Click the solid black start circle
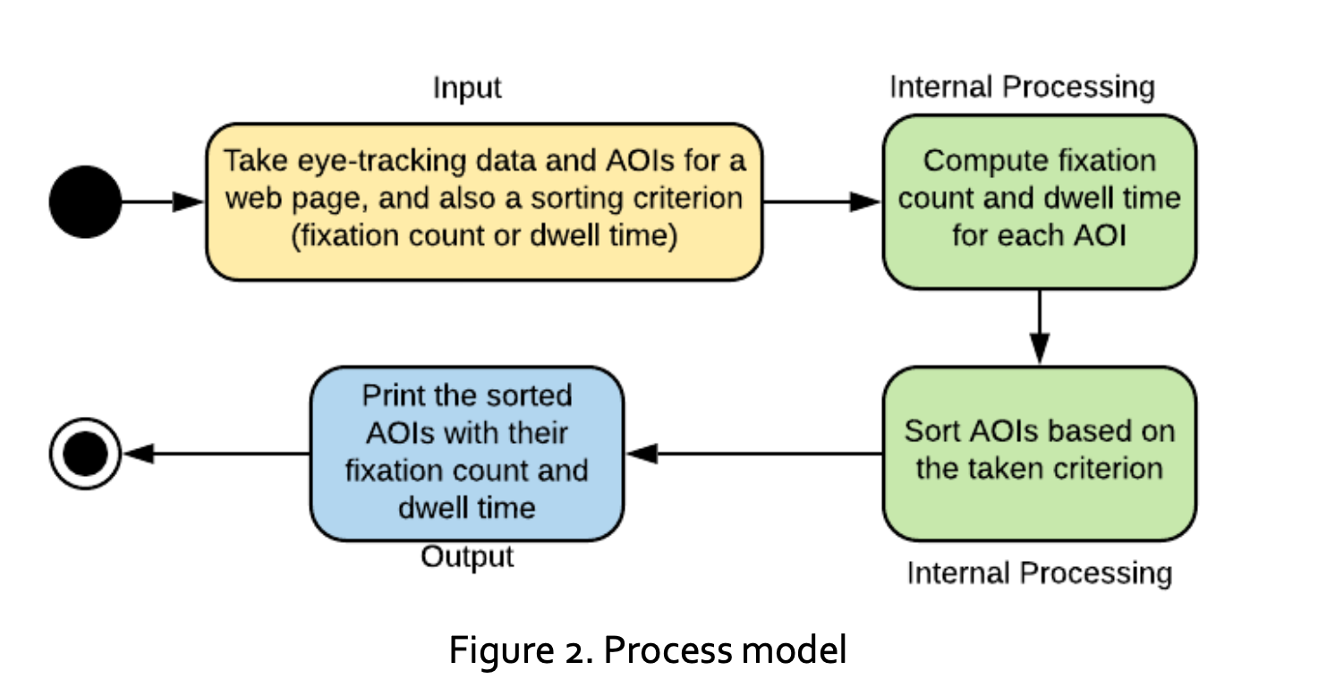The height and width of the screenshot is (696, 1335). [x=85, y=201]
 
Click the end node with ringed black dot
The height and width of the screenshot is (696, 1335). [x=85, y=454]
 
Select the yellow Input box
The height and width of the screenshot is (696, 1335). [x=484, y=201]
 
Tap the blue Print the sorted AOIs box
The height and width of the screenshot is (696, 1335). [x=466, y=453]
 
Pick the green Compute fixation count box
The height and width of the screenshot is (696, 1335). [x=1039, y=201]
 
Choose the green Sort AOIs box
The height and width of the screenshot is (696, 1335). [x=1039, y=453]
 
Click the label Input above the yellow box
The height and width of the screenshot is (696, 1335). [x=466, y=89]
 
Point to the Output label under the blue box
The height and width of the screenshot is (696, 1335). [x=467, y=556]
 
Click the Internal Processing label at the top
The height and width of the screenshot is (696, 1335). [x=1022, y=88]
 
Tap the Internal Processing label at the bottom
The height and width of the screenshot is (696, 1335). [x=1039, y=573]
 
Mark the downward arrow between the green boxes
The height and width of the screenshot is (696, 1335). [x=1039, y=326]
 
